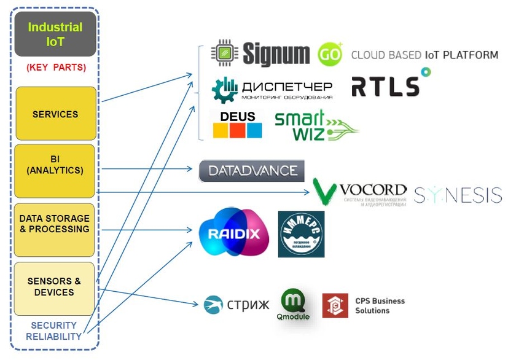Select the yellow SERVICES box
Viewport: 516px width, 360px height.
pos(55,114)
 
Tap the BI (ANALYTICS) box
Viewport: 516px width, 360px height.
pos(55,170)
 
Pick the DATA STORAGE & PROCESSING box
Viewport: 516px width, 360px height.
pos(54,229)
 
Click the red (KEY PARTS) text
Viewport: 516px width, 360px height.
pos(56,67)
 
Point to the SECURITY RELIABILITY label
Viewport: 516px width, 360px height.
pos(53,331)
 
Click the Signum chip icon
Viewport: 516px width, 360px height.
pos(224,53)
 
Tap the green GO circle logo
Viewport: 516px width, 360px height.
pos(330,55)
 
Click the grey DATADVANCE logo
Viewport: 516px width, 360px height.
pos(252,171)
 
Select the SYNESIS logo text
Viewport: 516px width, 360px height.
pos(458,195)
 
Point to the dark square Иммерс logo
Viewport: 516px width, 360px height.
pos(301,234)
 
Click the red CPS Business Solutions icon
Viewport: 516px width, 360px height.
pos(335,305)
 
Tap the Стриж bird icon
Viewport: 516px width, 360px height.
pos(213,304)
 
